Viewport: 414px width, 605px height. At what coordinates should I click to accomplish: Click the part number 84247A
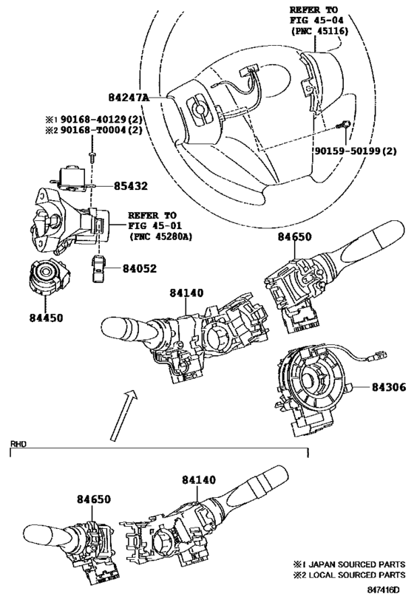pos(129,98)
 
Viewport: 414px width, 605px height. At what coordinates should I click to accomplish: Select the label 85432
pos(131,186)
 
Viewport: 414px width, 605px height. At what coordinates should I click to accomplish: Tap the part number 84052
pos(140,268)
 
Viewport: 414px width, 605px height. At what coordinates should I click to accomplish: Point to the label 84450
pos(46,318)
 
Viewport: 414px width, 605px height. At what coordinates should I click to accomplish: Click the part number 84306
pos(389,386)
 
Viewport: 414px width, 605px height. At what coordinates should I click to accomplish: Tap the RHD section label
pos(18,444)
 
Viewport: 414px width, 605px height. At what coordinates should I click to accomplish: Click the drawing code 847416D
pos(383,590)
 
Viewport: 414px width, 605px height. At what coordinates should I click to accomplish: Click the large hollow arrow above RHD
pos(123,414)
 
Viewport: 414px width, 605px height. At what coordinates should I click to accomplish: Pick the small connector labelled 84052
pos(98,268)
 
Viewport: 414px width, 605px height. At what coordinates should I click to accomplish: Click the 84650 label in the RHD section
pos(93,499)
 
